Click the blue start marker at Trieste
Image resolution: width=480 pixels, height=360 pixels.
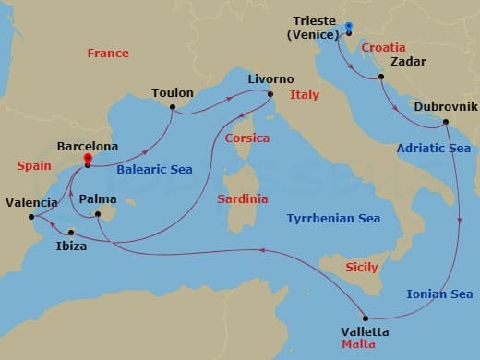click(x=349, y=27)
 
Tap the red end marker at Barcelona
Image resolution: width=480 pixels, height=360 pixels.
click(x=87, y=160)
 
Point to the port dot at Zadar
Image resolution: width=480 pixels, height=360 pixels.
click(x=379, y=78)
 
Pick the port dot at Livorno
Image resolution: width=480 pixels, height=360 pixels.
click(x=270, y=94)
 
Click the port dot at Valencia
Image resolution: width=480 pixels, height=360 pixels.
click(x=32, y=218)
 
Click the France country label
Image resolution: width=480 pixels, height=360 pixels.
click(x=108, y=54)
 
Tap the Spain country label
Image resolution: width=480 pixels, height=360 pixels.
click(x=34, y=166)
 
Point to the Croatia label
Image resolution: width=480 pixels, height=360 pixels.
click(x=383, y=47)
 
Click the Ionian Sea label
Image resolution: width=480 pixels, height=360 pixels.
click(x=439, y=294)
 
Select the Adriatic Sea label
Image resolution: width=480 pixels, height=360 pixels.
click(x=433, y=149)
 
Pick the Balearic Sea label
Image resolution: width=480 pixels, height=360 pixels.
click(x=154, y=170)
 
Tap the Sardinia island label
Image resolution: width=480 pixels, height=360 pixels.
click(x=244, y=198)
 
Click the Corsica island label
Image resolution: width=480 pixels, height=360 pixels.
click(x=246, y=138)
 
